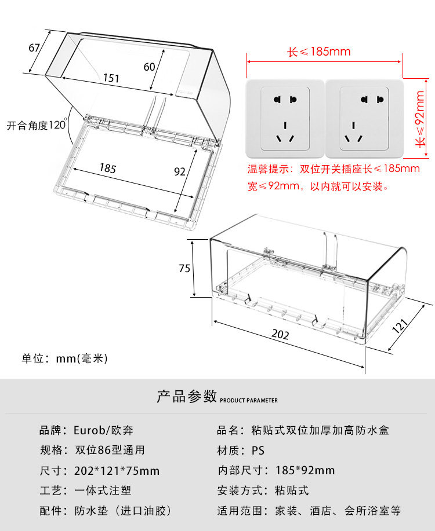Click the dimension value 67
pyautogui.click(x=34, y=47)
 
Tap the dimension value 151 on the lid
pyautogui.click(x=112, y=78)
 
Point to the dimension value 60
pyautogui.click(x=149, y=67)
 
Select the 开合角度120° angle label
pyautogui.click(x=37, y=124)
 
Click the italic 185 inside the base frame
pyautogui.click(x=108, y=169)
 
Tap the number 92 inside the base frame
pyautogui.click(x=180, y=171)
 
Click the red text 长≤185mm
pyautogui.click(x=319, y=52)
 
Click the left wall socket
pyautogui.click(x=284, y=119)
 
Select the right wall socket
pyautogui.click(x=364, y=119)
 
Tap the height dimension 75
pyautogui.click(x=184, y=268)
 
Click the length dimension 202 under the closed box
pyautogui.click(x=280, y=335)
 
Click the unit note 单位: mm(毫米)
pyautogui.click(x=65, y=358)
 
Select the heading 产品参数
pyautogui.click(x=187, y=397)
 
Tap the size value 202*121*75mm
pyautogui.click(x=117, y=471)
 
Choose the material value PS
pyautogui.click(x=258, y=451)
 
